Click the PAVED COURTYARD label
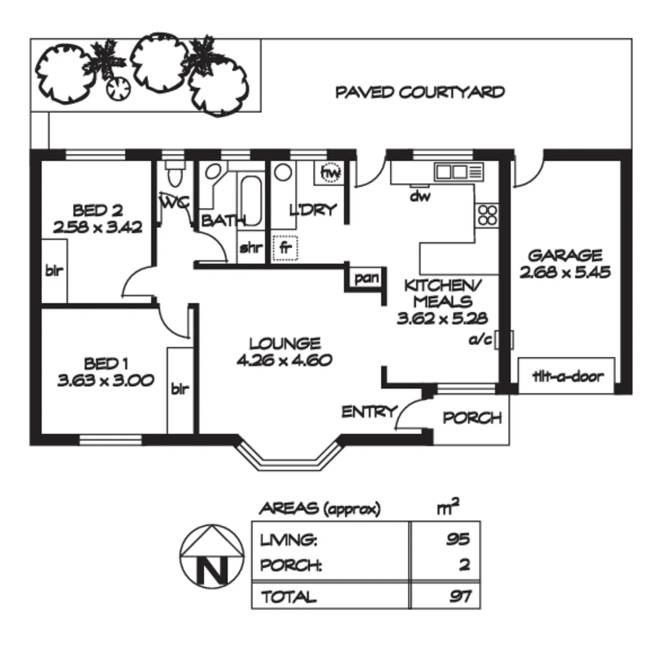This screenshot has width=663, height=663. tap(420, 93)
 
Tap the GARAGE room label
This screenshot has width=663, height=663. tap(565, 255)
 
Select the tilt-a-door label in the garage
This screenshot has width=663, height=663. tap(567, 376)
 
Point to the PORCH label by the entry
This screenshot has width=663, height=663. tap(472, 418)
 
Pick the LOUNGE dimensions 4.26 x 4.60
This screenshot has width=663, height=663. tap(284, 360)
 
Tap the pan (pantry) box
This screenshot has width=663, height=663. tap(366, 278)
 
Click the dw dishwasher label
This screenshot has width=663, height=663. tap(419, 196)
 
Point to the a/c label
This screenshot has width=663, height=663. tap(481, 339)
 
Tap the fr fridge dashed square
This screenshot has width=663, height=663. tap(285, 248)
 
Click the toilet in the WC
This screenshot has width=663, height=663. tap(174, 174)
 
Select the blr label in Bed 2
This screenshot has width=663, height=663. tap(54, 270)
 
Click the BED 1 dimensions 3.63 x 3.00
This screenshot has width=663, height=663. tap(105, 381)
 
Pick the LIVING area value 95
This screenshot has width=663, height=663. tap(458, 540)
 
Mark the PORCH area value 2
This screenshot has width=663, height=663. tap(464, 565)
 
